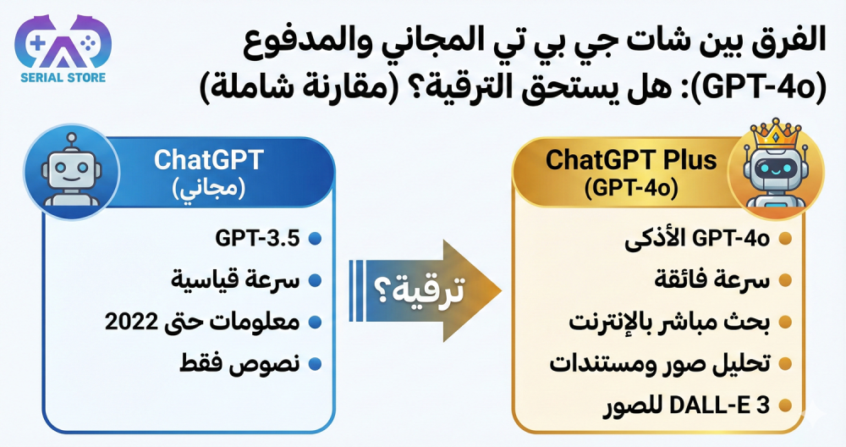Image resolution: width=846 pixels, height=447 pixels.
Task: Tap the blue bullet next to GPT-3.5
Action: (315, 240)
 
